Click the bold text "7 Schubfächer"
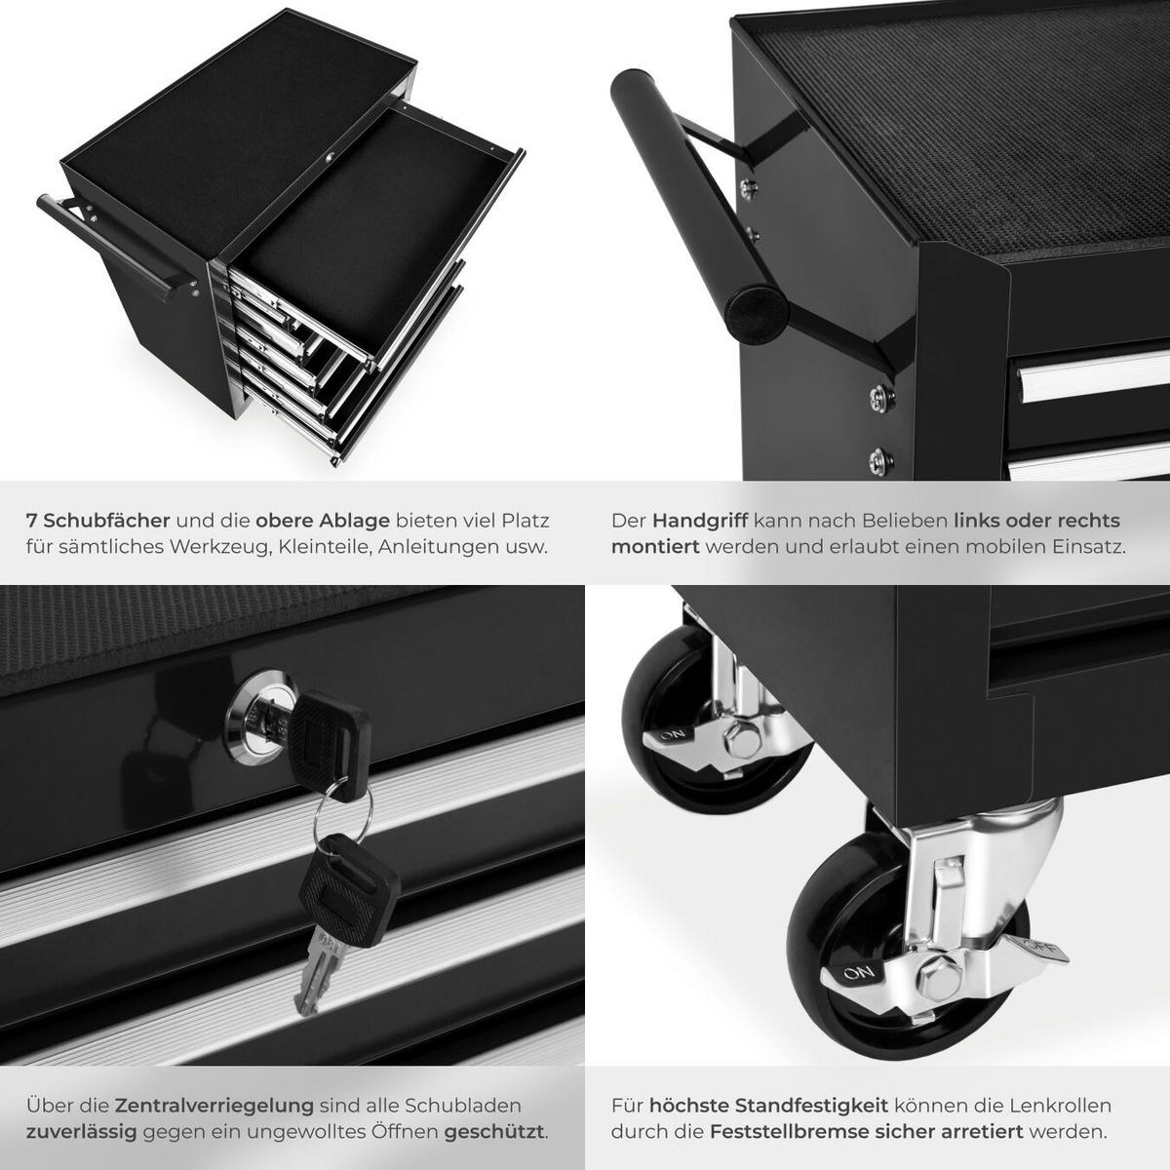coord(98,521)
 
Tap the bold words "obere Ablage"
coord(323,521)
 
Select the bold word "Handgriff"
coord(699,521)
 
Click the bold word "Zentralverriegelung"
coord(214,1106)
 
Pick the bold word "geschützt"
coord(494,1132)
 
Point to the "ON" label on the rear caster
coord(672,734)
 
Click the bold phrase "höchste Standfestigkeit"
coord(768,1106)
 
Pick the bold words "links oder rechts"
coord(1036,521)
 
